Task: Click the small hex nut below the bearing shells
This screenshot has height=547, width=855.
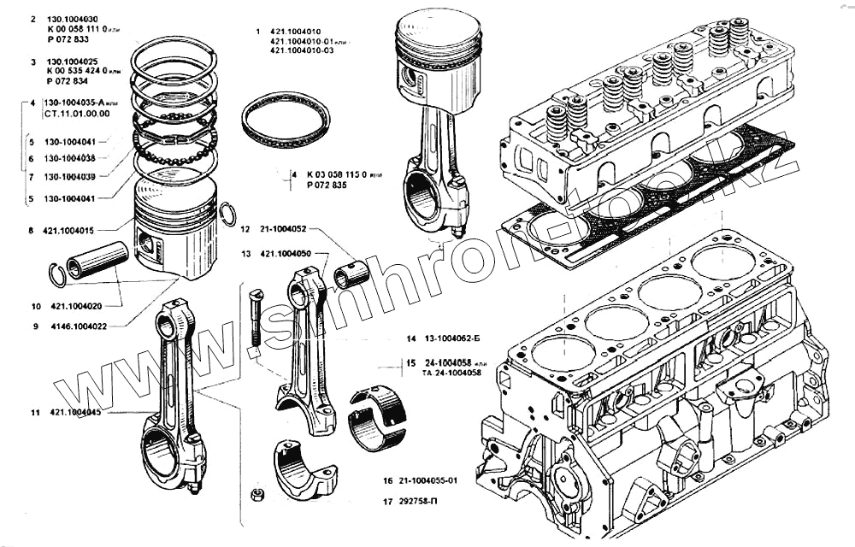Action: coord(254,494)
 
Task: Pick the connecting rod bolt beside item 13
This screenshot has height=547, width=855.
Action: coord(254,321)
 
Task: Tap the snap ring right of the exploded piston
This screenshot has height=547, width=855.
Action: coord(227,215)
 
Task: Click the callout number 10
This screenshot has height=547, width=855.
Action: coord(35,305)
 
